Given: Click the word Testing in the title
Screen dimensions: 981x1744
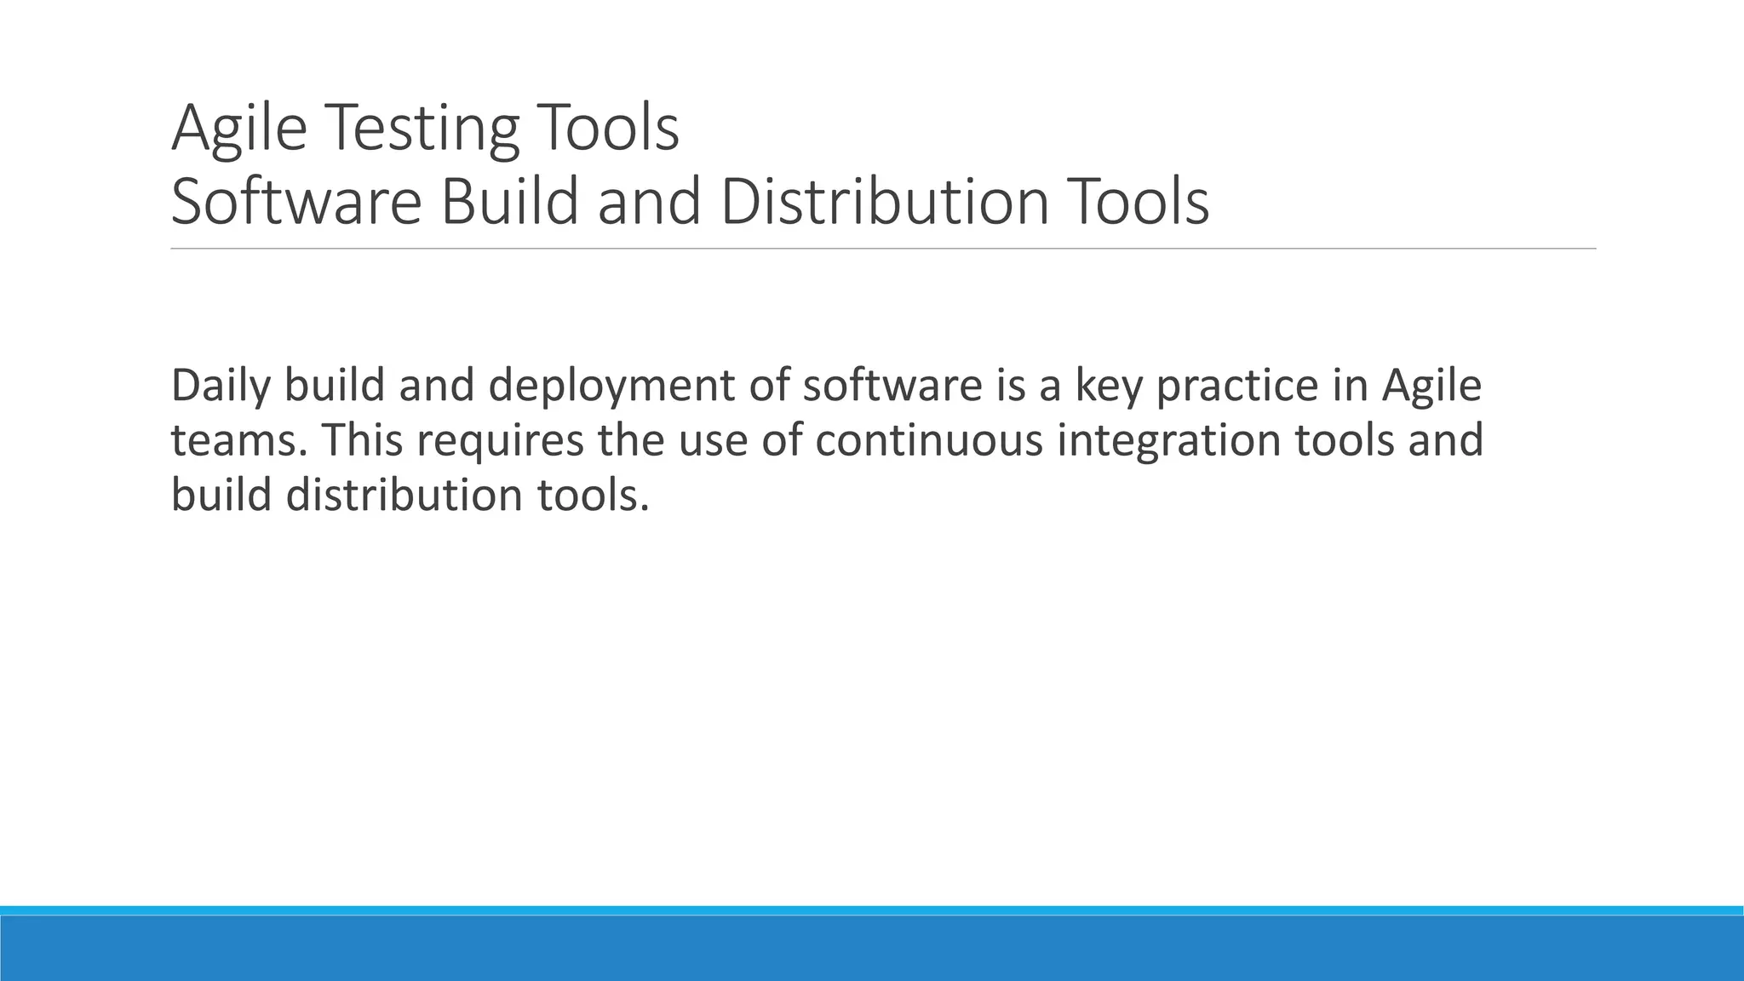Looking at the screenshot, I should [x=421, y=128].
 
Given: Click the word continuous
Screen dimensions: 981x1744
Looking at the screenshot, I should [x=928, y=440].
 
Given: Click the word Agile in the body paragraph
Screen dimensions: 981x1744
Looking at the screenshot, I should [x=1431, y=387].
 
